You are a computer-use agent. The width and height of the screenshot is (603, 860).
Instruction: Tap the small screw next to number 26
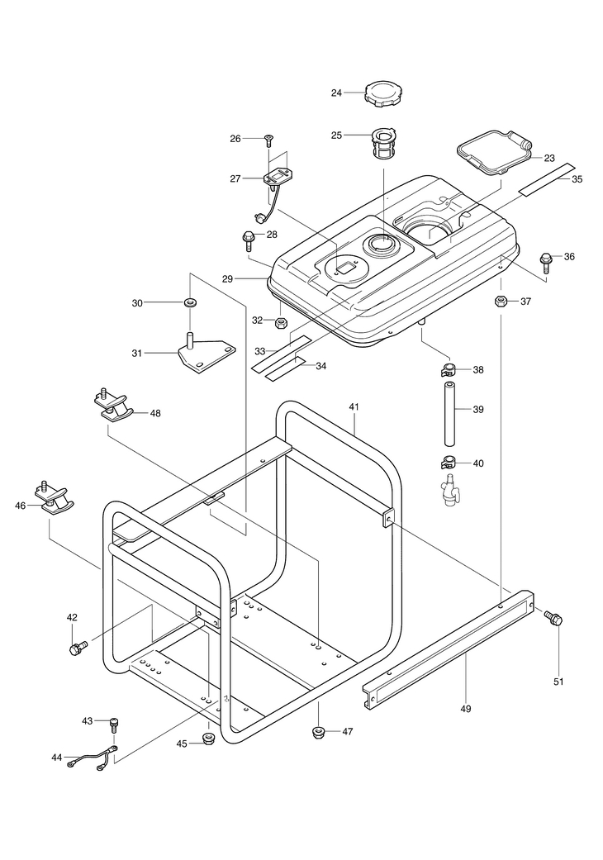[268, 140]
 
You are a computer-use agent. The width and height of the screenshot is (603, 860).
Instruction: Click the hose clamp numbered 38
[449, 369]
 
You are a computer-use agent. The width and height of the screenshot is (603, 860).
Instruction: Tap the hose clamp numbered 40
[449, 463]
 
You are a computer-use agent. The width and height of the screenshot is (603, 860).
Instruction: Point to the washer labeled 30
[191, 302]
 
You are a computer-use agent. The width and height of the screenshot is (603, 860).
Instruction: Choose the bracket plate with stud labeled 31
[207, 355]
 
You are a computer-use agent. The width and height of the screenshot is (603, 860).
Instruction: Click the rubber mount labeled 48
[112, 405]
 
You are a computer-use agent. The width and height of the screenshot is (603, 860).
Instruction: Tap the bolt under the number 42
[78, 648]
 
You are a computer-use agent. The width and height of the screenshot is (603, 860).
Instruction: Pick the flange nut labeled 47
[317, 732]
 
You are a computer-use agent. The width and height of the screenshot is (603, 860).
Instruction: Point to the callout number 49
[465, 709]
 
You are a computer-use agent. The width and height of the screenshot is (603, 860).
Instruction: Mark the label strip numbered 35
[547, 179]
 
